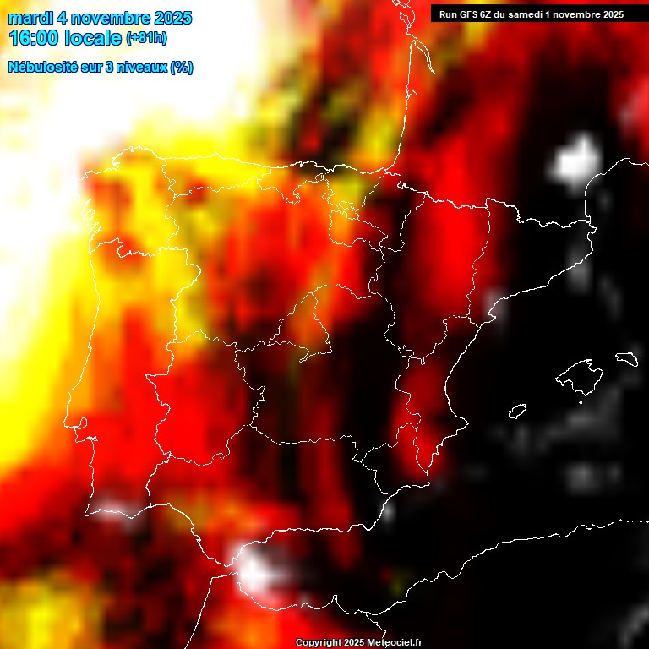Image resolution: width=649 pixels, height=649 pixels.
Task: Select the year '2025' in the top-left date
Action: (x=173, y=19)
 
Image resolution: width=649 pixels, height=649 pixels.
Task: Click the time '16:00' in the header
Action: (x=33, y=38)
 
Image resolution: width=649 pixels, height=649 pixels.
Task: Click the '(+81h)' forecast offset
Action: (x=147, y=38)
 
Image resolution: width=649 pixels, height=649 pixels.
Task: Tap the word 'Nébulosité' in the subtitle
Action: (x=43, y=68)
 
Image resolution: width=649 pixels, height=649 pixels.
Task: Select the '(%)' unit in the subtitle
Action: (x=182, y=68)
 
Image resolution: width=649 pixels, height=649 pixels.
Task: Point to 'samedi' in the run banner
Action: (x=526, y=14)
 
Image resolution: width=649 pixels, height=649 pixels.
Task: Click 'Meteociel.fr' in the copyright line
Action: (x=394, y=643)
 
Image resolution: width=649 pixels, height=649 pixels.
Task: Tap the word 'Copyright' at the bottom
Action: (x=319, y=643)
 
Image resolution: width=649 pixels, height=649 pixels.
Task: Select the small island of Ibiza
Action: (x=517, y=412)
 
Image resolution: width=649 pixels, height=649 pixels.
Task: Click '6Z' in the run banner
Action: (x=486, y=14)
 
